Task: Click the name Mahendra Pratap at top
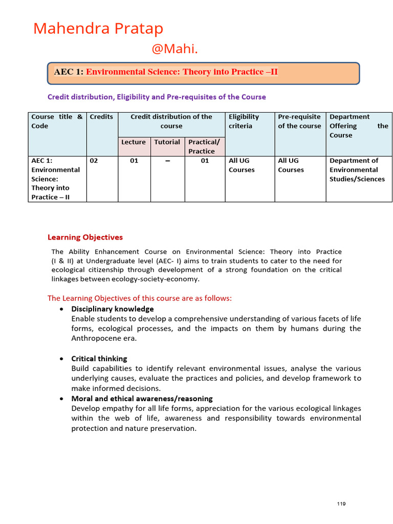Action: [98, 28]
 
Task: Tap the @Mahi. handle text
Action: [174, 49]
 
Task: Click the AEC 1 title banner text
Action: [166, 72]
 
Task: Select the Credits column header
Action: [101, 117]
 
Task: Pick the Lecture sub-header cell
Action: [133, 142]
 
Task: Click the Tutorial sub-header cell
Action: [167, 142]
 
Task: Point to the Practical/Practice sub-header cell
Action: [204, 146]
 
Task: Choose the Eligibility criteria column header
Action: [244, 121]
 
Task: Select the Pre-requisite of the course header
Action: [299, 121]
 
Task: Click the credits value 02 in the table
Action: [94, 161]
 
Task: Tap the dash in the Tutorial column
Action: [167, 161]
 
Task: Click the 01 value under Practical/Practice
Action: [205, 161]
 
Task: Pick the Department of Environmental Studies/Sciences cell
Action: [357, 170]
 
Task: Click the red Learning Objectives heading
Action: [85, 237]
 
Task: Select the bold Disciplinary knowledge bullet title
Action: [112, 309]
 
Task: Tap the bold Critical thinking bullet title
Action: [99, 359]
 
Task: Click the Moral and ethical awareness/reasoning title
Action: [142, 398]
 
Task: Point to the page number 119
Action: [341, 504]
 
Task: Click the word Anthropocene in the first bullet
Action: [95, 338]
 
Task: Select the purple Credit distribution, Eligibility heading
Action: [157, 97]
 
